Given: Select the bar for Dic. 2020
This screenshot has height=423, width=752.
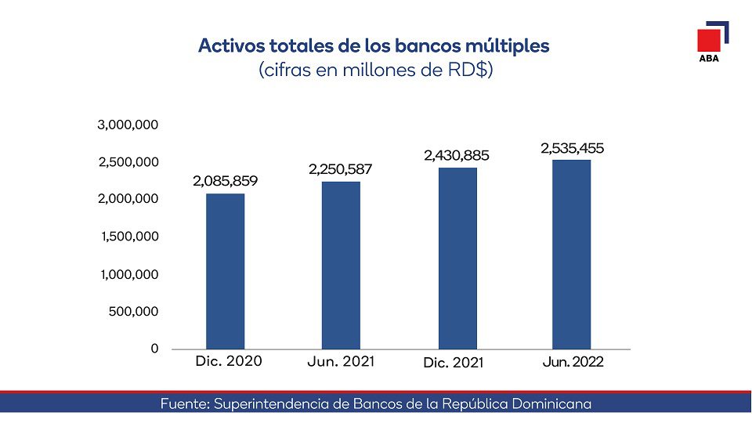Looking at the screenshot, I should click(225, 271).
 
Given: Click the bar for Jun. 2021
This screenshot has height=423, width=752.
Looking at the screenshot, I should click(341, 265).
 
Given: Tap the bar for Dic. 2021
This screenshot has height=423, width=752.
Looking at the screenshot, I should click(457, 258).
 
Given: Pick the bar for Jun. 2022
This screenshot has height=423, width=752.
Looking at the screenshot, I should click(571, 254).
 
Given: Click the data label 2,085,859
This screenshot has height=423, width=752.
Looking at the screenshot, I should click(225, 182).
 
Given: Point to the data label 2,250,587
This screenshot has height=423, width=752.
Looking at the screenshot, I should click(340, 169).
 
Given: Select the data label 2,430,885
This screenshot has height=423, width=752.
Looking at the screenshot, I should click(457, 156).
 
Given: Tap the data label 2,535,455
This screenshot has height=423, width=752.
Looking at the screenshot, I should click(572, 148).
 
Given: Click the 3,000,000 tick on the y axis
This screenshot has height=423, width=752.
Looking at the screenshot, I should click(128, 125).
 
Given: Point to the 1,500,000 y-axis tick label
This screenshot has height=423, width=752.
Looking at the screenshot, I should click(130, 237).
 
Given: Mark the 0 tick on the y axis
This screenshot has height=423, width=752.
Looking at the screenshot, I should click(155, 349).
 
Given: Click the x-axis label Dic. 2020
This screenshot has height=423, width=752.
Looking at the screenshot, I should click(228, 361).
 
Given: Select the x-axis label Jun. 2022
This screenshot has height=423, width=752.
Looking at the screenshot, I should click(573, 363).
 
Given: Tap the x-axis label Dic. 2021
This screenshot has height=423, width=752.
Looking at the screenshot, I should click(454, 363).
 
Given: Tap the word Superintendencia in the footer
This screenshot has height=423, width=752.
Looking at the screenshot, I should click(269, 404).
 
